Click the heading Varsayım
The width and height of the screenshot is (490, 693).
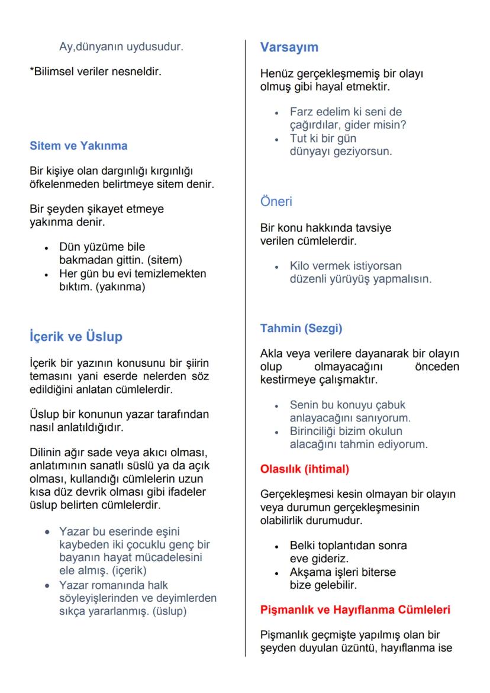click(x=289, y=47)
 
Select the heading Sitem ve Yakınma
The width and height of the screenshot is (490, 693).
click(x=79, y=146)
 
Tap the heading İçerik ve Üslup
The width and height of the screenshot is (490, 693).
click(x=76, y=336)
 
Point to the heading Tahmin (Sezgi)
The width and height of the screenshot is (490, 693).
click(x=301, y=328)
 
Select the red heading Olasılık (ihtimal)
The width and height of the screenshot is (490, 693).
click(x=305, y=469)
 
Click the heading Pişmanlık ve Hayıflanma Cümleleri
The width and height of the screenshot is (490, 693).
click(x=355, y=610)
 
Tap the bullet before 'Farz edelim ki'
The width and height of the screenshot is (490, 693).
click(x=276, y=112)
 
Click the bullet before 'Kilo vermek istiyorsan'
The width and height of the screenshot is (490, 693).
click(x=276, y=267)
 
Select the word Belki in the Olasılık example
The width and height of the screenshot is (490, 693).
click(x=302, y=545)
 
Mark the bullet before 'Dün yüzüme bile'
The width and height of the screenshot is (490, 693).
click(x=46, y=247)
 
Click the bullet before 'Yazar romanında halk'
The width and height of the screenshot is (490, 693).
click(x=46, y=585)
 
